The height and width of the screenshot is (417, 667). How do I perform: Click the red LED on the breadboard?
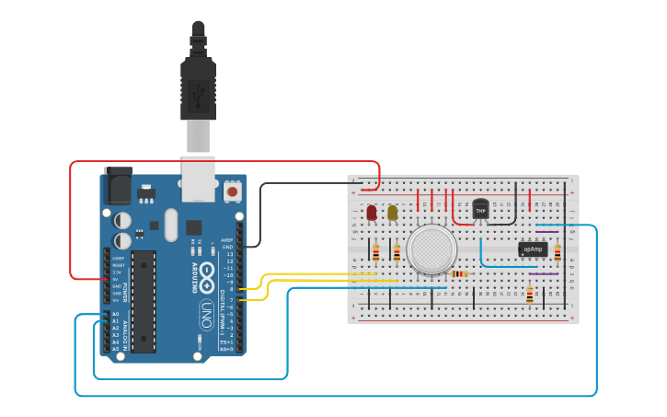pos(372,213)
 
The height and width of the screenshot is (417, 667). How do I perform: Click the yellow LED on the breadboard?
pos(393,213)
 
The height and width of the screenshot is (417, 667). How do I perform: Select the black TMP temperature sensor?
pos(480,210)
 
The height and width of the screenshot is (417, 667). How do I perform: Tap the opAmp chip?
pos(535,249)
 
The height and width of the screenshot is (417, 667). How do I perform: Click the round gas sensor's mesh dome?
pos(431,249)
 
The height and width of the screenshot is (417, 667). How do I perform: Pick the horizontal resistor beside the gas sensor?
pos(459,273)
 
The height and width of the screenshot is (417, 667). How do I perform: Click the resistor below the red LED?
pos(375,251)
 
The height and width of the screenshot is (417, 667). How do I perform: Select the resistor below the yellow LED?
pos(397,251)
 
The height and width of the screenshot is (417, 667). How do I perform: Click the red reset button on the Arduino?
pos(233,191)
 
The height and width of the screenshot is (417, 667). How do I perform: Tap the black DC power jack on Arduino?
pos(118,185)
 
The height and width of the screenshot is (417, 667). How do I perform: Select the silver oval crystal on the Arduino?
pos(170,225)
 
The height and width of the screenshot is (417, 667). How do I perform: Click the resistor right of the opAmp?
pos(558,251)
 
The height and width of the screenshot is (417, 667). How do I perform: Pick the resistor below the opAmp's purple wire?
pos(530,294)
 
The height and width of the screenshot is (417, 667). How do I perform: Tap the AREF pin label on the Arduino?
pos(227,239)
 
